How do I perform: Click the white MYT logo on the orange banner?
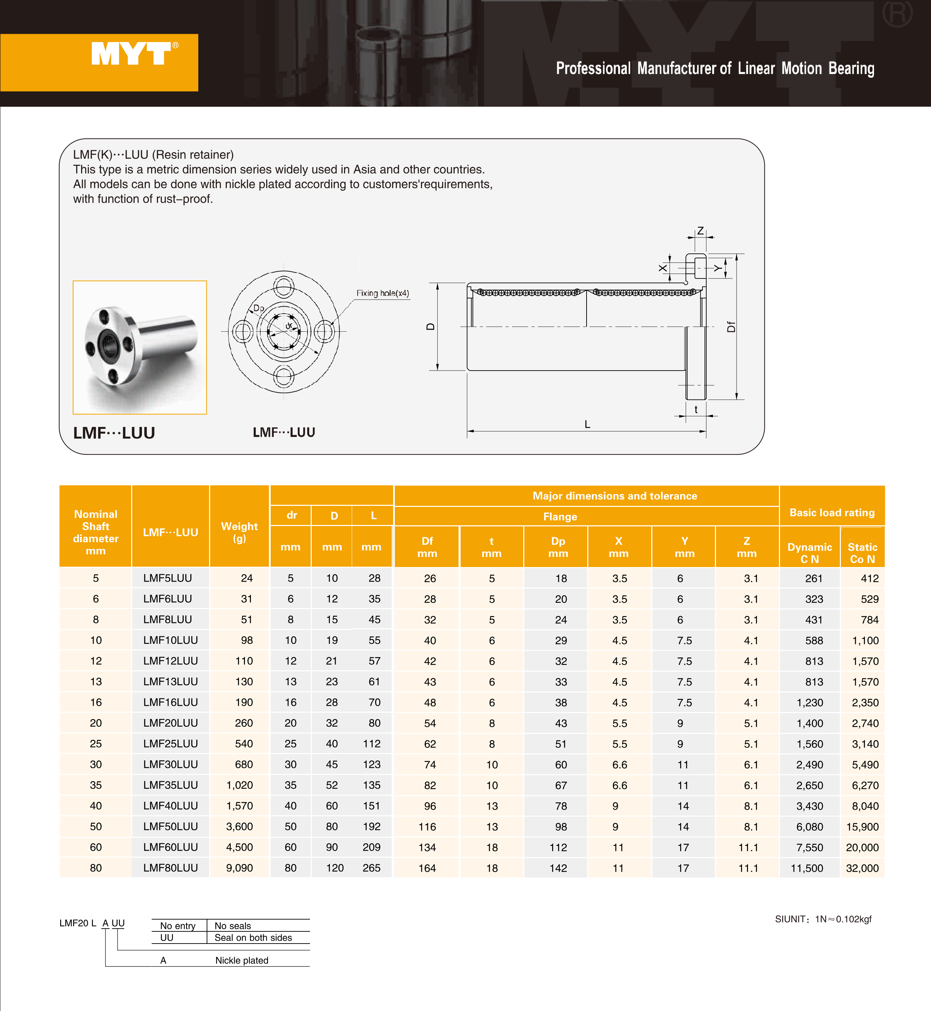pos(132,54)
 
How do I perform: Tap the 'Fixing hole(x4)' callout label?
pos(382,293)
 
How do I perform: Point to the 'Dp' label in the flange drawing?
pos(258,308)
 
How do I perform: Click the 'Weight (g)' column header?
pos(239,532)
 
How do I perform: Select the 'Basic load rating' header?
pos(832,512)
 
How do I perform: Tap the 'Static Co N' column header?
pos(862,553)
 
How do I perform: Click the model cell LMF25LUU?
pos(170,744)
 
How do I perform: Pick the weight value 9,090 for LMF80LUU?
pos(239,868)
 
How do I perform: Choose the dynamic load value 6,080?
pos(810,827)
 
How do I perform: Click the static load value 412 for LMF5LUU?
pos(869,579)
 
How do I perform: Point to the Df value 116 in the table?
pos(427,827)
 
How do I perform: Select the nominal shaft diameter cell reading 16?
pos(96,702)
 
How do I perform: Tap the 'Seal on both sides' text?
pos(253,938)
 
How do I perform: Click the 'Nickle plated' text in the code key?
pos(242,960)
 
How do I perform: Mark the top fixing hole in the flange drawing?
pos(284,286)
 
